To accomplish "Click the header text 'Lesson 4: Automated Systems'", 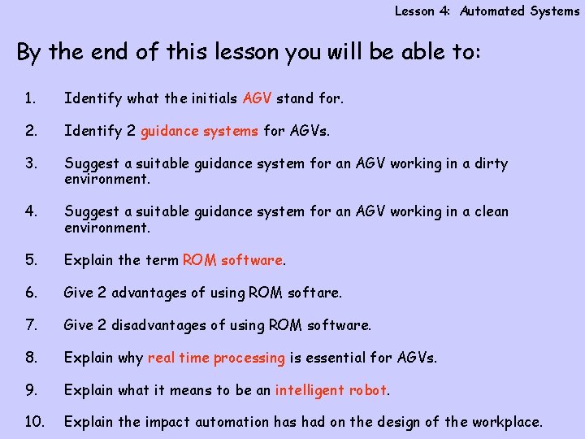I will tap(487, 11).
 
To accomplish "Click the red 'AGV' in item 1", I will tap(258, 98).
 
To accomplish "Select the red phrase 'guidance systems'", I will tap(199, 131).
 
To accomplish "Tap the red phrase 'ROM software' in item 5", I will tap(233, 260).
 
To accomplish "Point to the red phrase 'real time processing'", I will tap(216, 358).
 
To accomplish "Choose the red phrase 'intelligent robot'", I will tap(331, 390).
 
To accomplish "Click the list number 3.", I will tap(30, 163).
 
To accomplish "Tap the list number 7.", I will tap(30, 325).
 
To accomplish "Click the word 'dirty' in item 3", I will tap(491, 163).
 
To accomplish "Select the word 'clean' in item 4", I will tap(491, 211).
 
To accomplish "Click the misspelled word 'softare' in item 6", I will tap(314, 293).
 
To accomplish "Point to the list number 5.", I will tap(30, 260).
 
